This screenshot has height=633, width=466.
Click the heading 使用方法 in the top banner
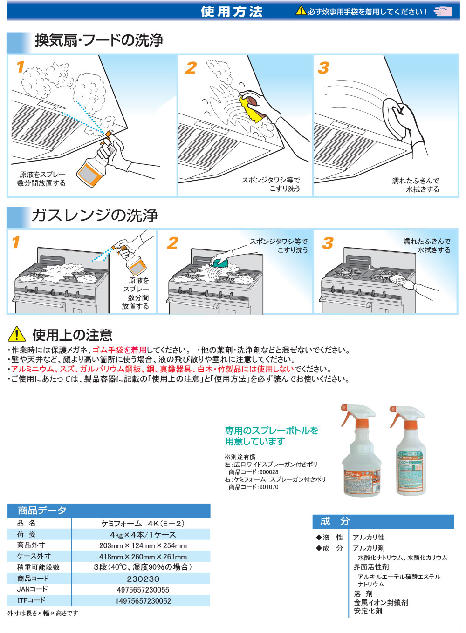point(232,11)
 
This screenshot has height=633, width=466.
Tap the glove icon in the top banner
point(443,11)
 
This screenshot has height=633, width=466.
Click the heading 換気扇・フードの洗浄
point(99,40)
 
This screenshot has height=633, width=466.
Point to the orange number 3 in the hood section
point(323,68)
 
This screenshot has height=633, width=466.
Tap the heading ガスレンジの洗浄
point(95,215)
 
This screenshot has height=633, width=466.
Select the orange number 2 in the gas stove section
point(172,242)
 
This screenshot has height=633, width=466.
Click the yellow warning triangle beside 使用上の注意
point(17,334)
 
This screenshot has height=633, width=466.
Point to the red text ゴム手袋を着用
point(119,350)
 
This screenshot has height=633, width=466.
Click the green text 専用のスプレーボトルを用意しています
point(271,436)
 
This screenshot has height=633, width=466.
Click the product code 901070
point(269,487)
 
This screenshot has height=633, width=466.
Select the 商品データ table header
point(42,511)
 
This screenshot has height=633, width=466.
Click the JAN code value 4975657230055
point(143,590)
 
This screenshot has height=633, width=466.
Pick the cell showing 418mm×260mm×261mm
point(143,557)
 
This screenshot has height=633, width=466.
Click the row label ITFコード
point(31,600)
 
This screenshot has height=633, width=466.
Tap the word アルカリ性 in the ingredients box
point(368,537)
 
